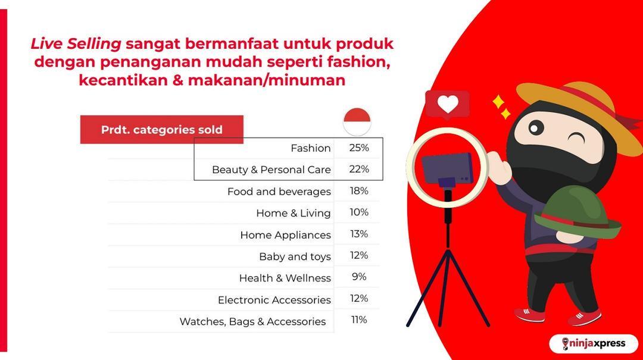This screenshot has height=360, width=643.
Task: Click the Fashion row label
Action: tap(310, 148)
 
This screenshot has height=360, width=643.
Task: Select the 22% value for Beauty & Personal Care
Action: tap(359, 169)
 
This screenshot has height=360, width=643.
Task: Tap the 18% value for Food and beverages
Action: tap(359, 190)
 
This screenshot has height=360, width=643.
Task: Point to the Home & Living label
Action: tap(293, 213)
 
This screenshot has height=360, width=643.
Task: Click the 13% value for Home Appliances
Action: tap(359, 234)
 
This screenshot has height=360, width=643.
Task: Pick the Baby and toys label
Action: tap(295, 256)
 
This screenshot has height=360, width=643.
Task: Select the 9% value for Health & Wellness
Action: tap(359, 277)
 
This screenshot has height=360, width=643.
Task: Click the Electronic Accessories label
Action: tap(274, 300)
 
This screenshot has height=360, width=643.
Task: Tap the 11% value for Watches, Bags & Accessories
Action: tap(359, 320)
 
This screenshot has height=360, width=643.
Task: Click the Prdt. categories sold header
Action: tap(161, 130)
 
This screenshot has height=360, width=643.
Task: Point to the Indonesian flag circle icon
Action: tap(357, 122)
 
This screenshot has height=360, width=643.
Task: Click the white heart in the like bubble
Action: tap(447, 104)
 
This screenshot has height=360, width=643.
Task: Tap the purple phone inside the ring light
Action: tap(447, 169)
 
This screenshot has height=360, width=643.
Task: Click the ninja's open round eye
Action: tap(536, 128)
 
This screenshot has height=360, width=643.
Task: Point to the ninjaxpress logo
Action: tap(594, 343)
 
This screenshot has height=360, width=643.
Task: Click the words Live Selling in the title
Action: tap(76, 44)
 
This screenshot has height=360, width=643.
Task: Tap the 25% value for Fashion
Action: tap(359, 148)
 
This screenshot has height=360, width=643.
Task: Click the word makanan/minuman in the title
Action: tap(267, 80)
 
